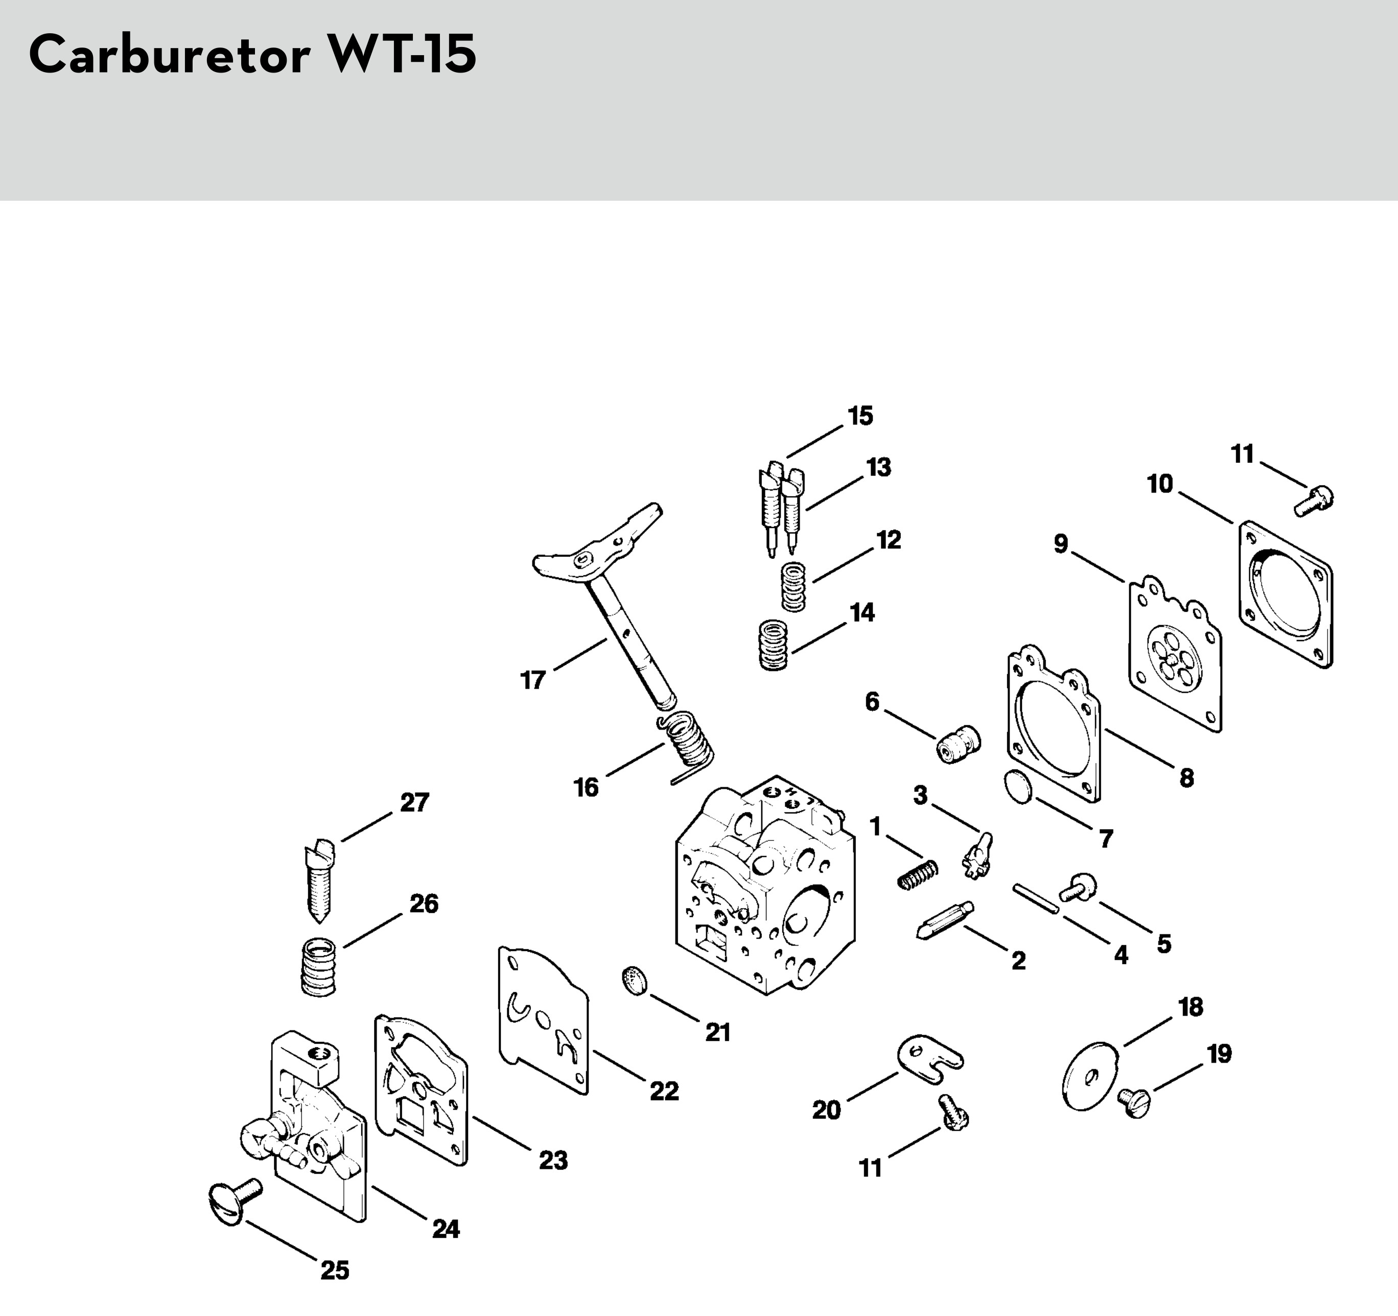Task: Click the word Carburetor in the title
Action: pyautogui.click(x=169, y=55)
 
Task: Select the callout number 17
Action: pyautogui.click(x=533, y=680)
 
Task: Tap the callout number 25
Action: pyautogui.click(x=335, y=1271)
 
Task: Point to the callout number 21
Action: pyautogui.click(x=718, y=1032)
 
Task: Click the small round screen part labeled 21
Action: pyautogui.click(x=634, y=980)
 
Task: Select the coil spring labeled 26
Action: pyautogui.click(x=318, y=966)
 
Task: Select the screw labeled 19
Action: pyautogui.click(x=1134, y=1101)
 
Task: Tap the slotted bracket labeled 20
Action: pyautogui.click(x=929, y=1056)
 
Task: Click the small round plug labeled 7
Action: pyautogui.click(x=1017, y=787)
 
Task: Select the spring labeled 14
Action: pyautogui.click(x=774, y=645)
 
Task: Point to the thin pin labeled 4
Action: pyautogui.click(x=1035, y=899)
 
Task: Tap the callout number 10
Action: pyautogui.click(x=1160, y=484)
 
